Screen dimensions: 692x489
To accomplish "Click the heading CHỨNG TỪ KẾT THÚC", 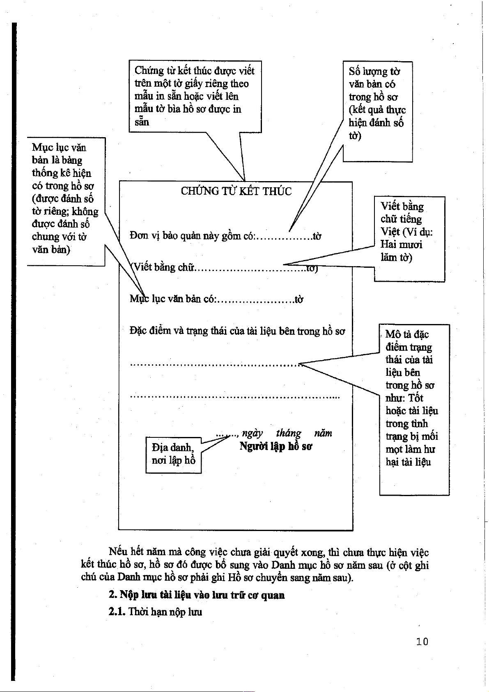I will click(236, 191).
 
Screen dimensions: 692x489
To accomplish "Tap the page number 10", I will click(422, 641).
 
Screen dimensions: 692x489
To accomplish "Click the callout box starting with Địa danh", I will click(173, 454).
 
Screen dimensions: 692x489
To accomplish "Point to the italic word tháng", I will click(289, 433).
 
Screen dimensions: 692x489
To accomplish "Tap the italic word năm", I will click(323, 433).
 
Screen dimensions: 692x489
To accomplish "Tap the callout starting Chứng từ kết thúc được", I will click(194, 96).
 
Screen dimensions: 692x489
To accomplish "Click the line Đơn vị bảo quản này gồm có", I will click(225, 236).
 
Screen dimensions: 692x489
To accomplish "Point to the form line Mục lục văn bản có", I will click(216, 299).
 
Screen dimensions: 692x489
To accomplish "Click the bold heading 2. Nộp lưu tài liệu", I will click(197, 595).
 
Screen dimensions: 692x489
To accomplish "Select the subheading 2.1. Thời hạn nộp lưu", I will click(156, 612).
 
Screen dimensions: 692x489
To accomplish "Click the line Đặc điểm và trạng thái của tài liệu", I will click(237, 331).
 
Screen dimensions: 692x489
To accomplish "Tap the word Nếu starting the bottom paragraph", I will click(118, 552).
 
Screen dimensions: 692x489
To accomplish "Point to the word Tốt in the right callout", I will click(416, 398).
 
